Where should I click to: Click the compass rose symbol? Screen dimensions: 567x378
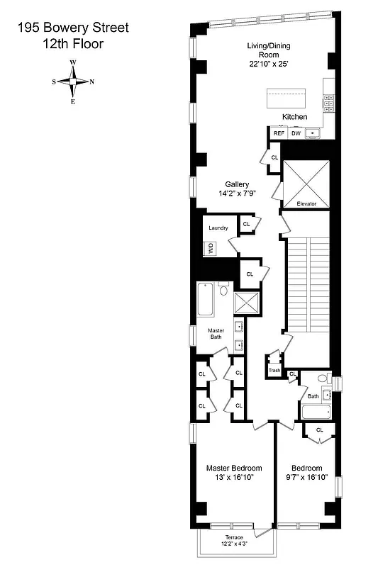[x=73, y=82]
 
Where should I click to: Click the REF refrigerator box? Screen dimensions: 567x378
[x=279, y=133]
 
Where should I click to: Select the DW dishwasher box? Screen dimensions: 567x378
[x=296, y=133]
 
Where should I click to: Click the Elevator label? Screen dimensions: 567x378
[x=306, y=204]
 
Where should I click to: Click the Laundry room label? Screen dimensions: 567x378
[x=218, y=228]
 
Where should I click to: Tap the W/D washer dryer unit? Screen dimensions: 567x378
[x=211, y=249]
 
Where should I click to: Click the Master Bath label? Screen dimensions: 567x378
[x=216, y=334]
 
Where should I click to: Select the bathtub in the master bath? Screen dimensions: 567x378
[x=206, y=299]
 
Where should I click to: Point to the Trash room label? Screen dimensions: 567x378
[x=274, y=371]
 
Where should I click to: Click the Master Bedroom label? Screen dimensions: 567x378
[x=234, y=468]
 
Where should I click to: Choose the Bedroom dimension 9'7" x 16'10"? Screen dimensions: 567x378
[x=307, y=478]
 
